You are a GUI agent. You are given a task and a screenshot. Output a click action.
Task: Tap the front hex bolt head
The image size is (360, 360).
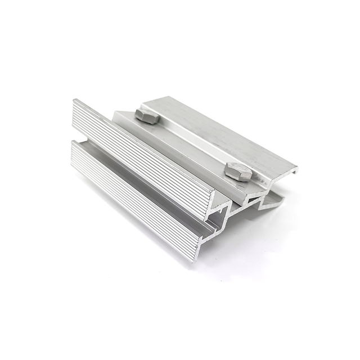(238, 171)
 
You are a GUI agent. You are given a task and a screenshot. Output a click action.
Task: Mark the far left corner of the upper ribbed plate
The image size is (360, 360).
(74, 101)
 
